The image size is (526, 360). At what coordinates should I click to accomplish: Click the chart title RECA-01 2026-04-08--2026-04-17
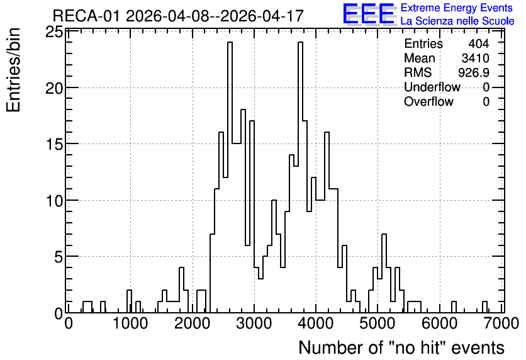coord(178,16)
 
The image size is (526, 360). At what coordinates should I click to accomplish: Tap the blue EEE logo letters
coord(369,14)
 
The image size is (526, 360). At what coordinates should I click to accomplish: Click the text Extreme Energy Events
coord(457,8)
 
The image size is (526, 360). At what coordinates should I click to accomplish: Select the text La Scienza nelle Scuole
coord(457,21)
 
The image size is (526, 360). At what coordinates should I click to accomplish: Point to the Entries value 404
coord(479,43)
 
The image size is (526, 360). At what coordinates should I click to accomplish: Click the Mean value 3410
coord(475,58)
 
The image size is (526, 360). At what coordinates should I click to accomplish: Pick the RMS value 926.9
coord(474,72)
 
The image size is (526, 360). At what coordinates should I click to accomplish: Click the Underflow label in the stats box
coord(432,87)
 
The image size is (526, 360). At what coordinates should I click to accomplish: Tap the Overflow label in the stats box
coord(428,101)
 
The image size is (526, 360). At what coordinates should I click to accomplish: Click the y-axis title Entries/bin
coord(14,70)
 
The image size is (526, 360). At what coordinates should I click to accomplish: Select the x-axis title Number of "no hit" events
coord(401,347)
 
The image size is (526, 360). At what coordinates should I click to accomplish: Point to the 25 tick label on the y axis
coord(54,33)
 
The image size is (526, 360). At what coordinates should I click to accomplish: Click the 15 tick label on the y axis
coord(54,144)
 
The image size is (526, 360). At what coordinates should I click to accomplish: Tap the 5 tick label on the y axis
coord(59,257)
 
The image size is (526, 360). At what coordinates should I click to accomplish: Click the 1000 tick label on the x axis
coord(130,323)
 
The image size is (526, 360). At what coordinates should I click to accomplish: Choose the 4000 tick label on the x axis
coord(316,323)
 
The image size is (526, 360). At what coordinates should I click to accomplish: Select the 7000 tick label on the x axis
coord(501,323)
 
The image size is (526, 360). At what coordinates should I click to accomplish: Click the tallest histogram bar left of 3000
coord(230,177)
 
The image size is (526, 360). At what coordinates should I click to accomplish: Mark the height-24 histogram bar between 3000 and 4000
coord(300,177)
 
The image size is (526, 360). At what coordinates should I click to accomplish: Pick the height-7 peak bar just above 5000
coord(384,273)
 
